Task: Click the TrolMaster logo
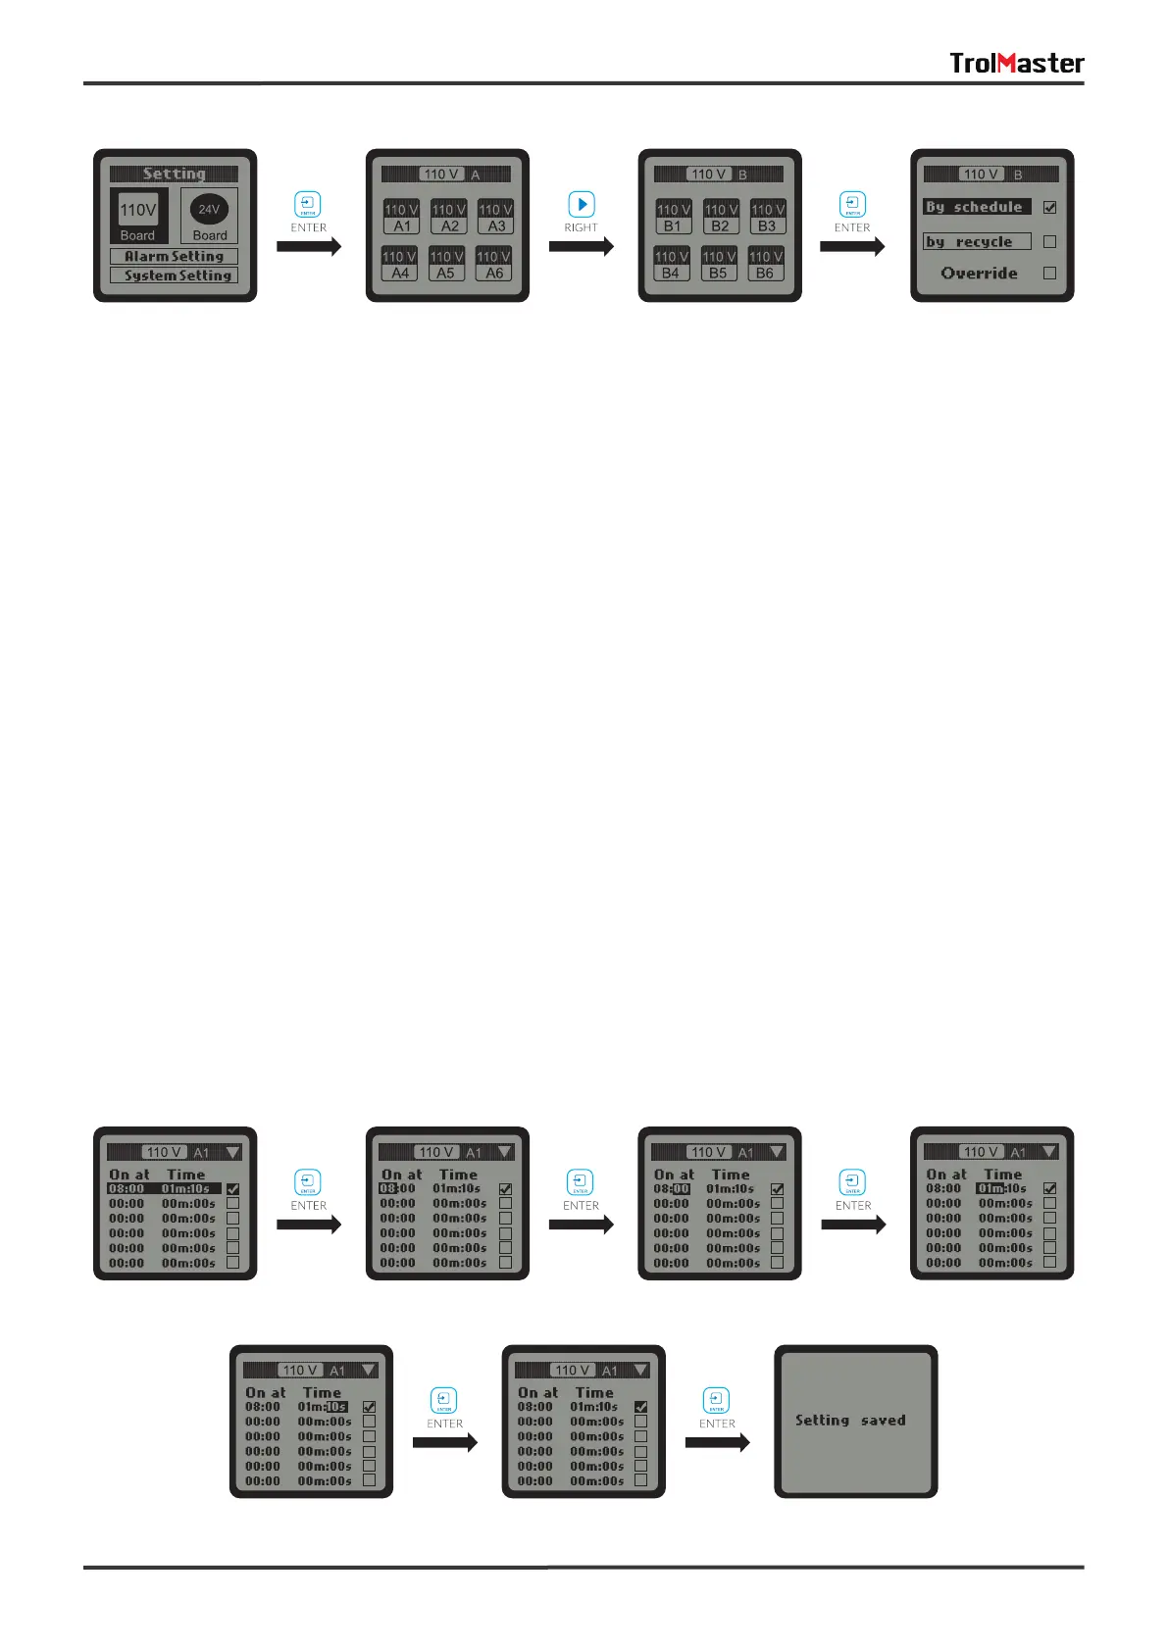click(x=1016, y=64)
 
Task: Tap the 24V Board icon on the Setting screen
click(x=209, y=216)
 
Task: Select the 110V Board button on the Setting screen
click(x=138, y=216)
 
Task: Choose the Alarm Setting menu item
click(x=174, y=257)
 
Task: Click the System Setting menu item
click(x=174, y=275)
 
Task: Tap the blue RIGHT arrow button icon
click(x=582, y=204)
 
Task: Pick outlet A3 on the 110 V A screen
click(x=495, y=217)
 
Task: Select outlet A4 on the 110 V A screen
click(x=399, y=265)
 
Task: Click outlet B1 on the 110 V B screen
click(x=673, y=217)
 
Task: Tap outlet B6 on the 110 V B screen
click(x=765, y=265)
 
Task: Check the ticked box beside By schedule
click(x=1049, y=208)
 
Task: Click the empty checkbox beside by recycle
click(x=1049, y=241)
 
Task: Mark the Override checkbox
click(x=1049, y=274)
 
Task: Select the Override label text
click(x=979, y=274)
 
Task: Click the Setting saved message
click(x=850, y=1420)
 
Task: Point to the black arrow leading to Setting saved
click(x=717, y=1442)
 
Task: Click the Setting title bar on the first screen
click(x=174, y=174)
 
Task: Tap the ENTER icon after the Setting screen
click(x=308, y=204)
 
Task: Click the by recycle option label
click(x=977, y=241)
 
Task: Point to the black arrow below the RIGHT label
click(x=581, y=246)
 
